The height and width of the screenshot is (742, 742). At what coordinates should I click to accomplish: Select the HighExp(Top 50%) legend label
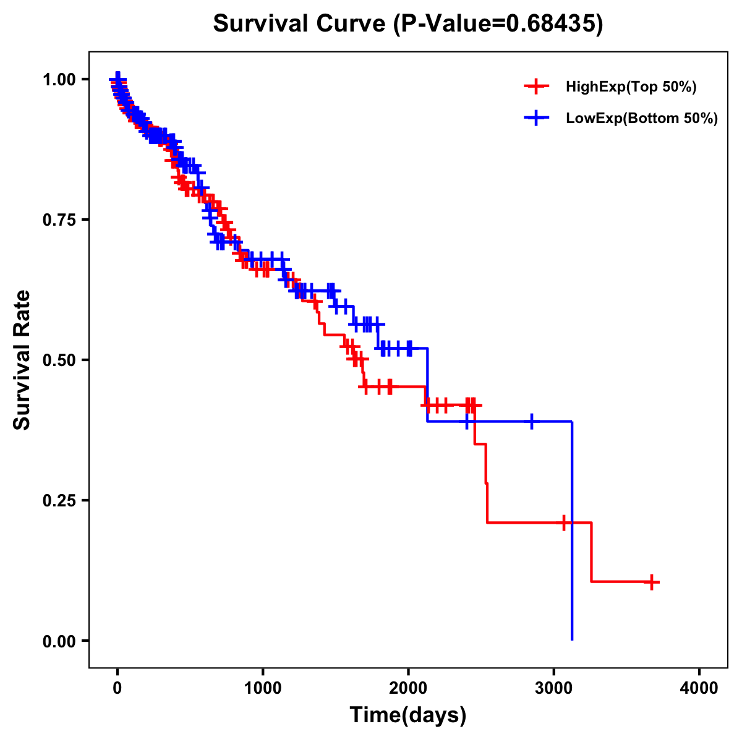[631, 87]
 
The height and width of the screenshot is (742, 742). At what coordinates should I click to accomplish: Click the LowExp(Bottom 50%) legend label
[642, 119]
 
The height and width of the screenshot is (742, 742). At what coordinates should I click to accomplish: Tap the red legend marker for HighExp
[536, 87]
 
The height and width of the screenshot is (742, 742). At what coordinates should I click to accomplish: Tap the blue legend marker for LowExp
[536, 118]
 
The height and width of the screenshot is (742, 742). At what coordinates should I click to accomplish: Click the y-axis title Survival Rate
[22, 359]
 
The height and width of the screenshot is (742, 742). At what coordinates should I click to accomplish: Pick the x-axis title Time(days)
[408, 715]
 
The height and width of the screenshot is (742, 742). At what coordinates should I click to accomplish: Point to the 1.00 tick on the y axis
[59, 79]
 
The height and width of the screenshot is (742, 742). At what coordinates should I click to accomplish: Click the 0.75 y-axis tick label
[59, 220]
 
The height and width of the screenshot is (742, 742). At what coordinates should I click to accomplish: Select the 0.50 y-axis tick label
[59, 360]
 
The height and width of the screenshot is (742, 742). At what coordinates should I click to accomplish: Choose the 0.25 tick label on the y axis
[59, 500]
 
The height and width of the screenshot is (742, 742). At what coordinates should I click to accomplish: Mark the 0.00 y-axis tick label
[59, 641]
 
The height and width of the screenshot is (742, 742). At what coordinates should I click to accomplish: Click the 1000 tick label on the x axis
[263, 689]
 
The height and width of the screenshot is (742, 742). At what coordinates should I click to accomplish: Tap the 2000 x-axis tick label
[408, 689]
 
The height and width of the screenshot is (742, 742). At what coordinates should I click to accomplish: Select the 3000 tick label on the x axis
[554, 689]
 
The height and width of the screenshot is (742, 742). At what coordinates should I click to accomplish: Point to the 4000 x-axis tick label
[699, 689]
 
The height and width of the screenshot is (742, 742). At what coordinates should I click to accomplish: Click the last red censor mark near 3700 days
[652, 582]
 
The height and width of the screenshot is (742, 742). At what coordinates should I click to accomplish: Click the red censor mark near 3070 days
[563, 522]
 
